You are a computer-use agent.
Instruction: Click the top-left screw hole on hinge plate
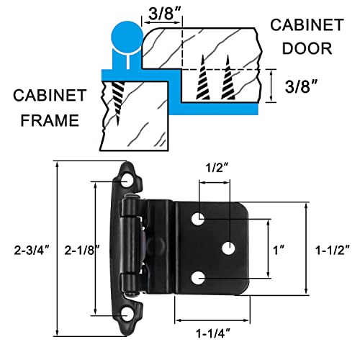(x=199, y=217)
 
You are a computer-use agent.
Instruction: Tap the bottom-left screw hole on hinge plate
(x=199, y=276)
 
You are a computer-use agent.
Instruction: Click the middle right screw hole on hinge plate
(x=228, y=248)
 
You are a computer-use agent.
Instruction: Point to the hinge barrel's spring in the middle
(x=144, y=248)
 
